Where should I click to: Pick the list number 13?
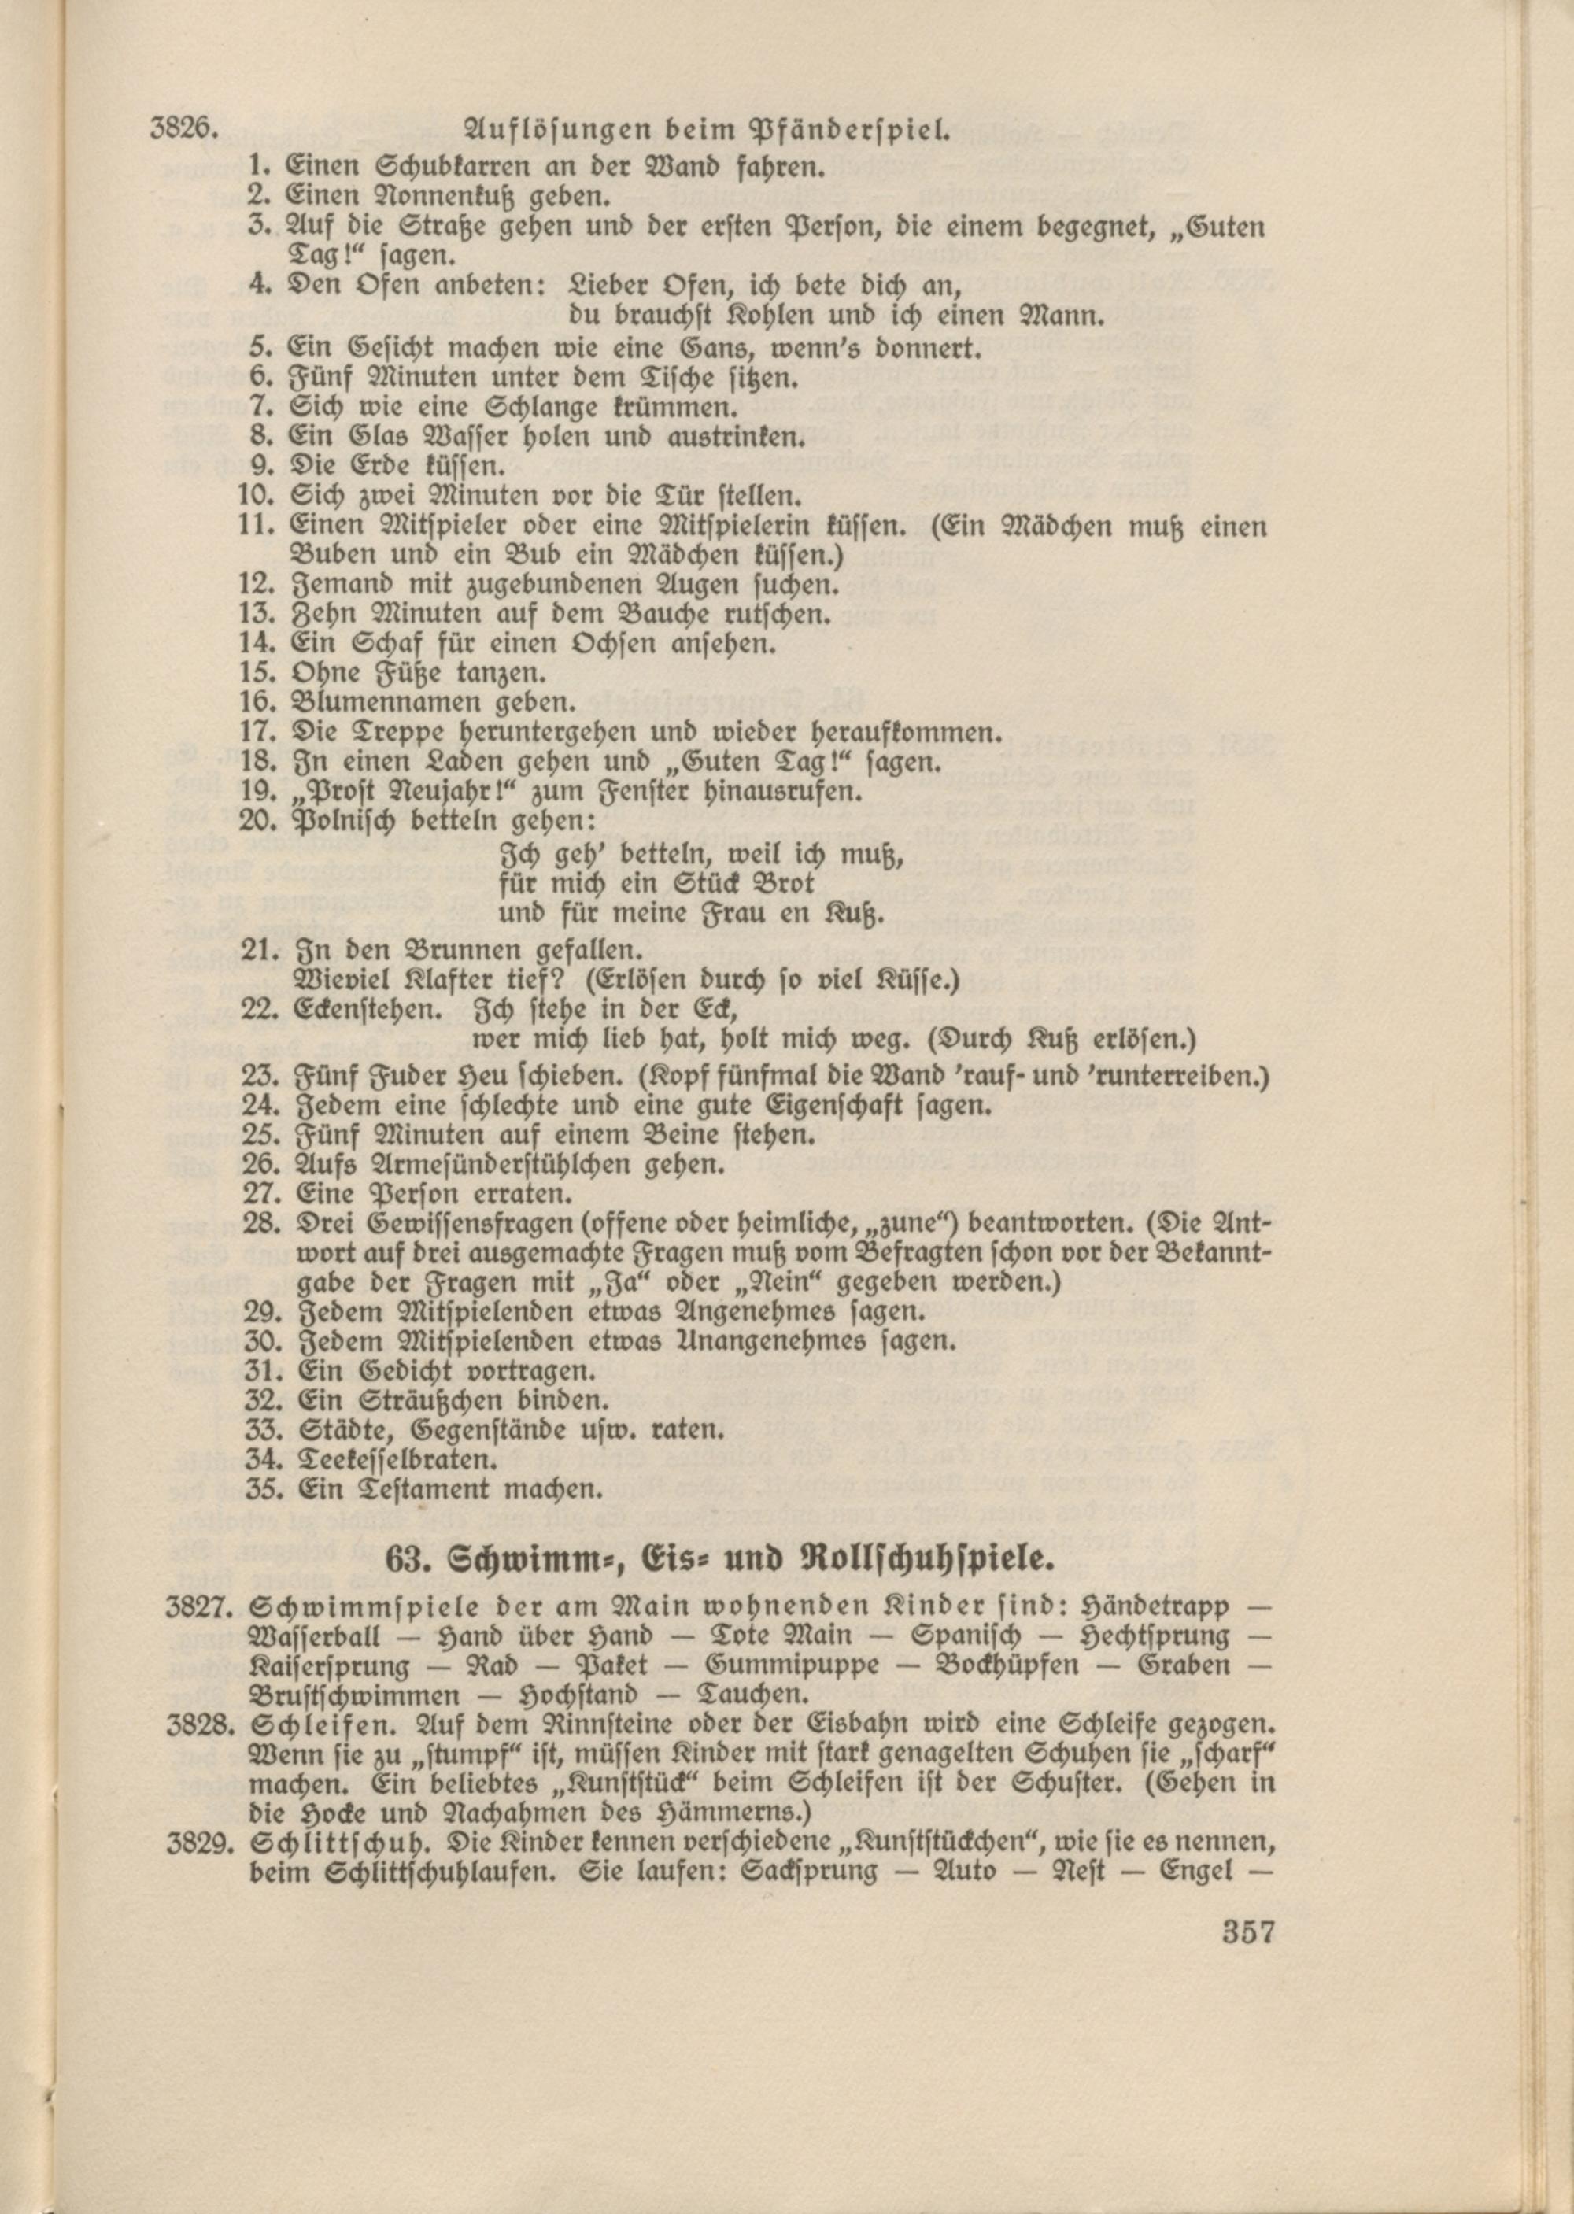pyautogui.click(x=259, y=615)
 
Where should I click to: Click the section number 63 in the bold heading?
pyautogui.click(x=405, y=1562)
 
